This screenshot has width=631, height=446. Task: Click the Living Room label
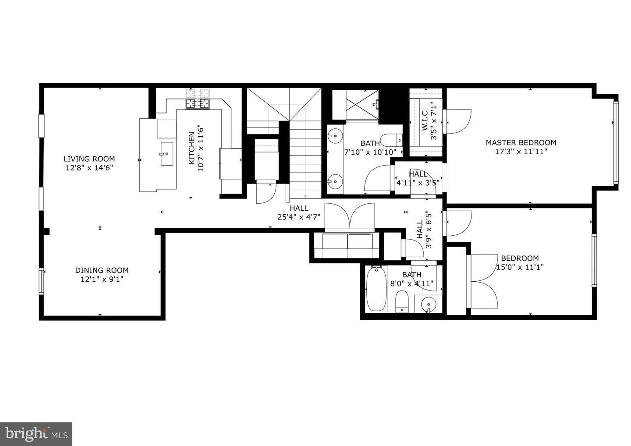point(89,159)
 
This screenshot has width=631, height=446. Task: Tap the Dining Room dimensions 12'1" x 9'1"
point(102,279)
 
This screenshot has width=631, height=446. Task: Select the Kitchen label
point(191,149)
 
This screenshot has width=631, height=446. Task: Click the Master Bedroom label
point(521,142)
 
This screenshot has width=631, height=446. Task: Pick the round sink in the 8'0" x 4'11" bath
point(428,304)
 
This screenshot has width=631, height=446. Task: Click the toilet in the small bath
point(402,302)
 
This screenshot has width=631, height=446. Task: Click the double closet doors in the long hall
point(350,217)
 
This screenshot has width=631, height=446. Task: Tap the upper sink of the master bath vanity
point(335,136)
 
